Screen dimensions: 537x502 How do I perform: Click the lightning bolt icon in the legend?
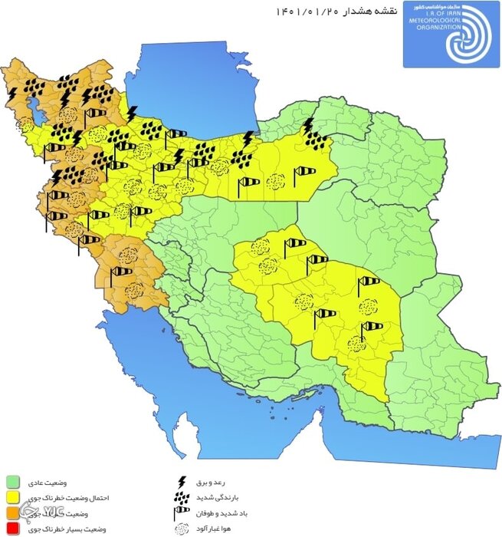coord(182,482)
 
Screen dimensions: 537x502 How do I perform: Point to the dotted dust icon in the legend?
coord(182,529)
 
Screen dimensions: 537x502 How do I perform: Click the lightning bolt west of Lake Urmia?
coord(13,94)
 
